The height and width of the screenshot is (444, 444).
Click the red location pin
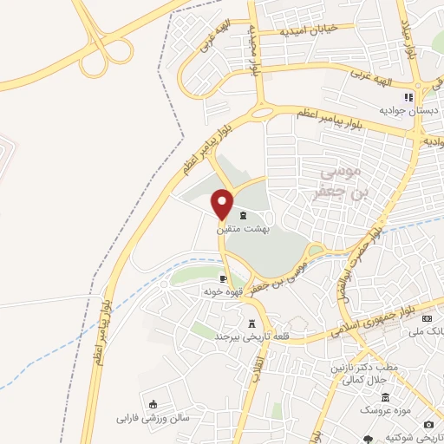222,205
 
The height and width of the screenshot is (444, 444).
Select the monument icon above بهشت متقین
242,215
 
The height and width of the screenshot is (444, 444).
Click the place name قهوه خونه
221,293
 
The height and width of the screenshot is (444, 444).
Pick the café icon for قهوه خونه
224,279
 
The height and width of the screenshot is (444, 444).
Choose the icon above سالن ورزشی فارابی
153,403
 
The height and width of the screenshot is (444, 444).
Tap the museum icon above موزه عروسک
385,395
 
